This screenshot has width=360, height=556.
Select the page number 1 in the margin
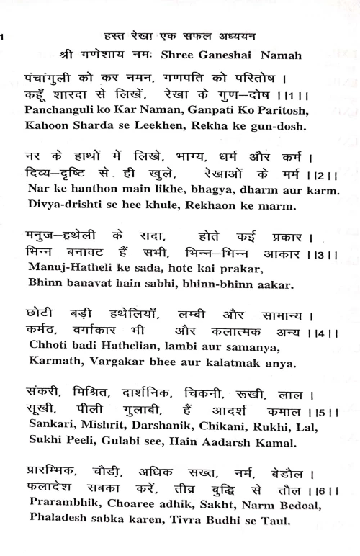click(2, 36)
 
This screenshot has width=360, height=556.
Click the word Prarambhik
click(68, 506)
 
